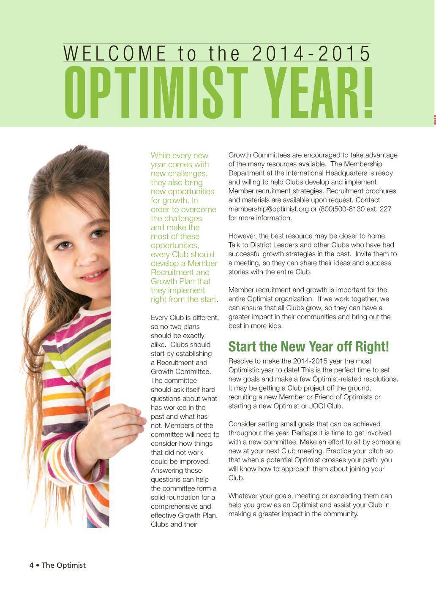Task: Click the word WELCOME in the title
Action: (115, 54)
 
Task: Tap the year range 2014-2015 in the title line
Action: (311, 54)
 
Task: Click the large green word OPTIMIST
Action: (156, 93)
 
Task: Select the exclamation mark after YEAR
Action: (367, 93)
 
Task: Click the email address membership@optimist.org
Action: (269, 209)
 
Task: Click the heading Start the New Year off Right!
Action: (308, 347)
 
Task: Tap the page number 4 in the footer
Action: (31, 565)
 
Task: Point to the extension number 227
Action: (385, 209)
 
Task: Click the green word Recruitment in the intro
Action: (168, 272)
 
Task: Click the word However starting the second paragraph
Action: (242, 236)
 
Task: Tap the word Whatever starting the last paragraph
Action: (243, 496)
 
